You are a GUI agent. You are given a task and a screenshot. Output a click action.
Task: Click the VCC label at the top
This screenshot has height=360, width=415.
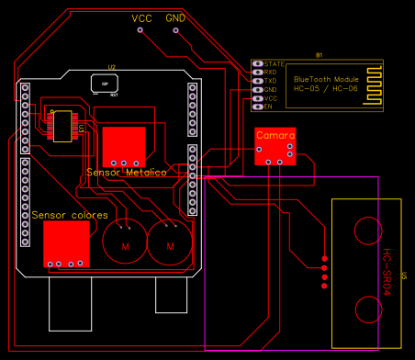click(142, 18)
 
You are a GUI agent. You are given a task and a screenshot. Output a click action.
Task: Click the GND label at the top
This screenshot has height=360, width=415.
click(175, 18)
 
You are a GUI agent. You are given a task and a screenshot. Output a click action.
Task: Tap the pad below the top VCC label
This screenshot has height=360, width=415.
click(140, 30)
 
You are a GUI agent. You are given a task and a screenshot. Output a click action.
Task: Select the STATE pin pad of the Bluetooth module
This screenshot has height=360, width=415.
click(257, 63)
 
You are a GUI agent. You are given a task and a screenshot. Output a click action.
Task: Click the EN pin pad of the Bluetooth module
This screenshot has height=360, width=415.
click(257, 107)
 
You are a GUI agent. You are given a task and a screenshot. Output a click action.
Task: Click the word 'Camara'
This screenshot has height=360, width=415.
click(275, 135)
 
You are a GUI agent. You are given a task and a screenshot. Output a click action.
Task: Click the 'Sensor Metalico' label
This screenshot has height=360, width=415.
click(126, 173)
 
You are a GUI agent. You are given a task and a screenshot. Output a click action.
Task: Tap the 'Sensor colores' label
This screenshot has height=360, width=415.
click(70, 215)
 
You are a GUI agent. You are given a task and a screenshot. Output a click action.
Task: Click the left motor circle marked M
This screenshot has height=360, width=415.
click(126, 245)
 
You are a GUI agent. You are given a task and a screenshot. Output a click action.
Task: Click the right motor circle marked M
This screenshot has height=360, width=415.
click(170, 245)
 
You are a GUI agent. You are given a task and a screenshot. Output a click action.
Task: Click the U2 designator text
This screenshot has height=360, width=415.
click(111, 67)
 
